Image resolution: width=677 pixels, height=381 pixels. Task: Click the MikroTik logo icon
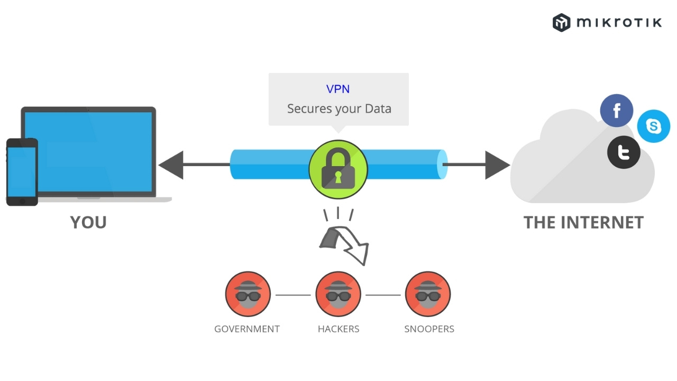pos(561,23)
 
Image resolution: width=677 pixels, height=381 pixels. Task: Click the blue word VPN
pos(338,89)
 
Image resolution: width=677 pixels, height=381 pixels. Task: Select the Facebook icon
pos(617,111)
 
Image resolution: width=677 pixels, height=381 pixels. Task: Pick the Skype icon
pos(654,126)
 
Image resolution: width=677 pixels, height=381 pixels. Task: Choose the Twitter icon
pos(624,152)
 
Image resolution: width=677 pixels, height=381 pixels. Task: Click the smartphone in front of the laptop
pos(22,172)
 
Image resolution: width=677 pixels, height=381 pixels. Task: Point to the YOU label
pos(88,222)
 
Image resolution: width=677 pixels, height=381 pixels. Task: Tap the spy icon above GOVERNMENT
pos(248,294)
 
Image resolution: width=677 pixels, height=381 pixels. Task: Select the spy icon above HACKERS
pos(338,294)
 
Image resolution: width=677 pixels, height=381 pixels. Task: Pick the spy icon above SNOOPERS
pos(428,294)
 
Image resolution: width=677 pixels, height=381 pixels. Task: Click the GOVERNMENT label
pos(247,329)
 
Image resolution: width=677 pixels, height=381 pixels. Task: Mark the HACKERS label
pos(338,329)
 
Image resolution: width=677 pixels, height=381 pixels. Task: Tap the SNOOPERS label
pos(429,329)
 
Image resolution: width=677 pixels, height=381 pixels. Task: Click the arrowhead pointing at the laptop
pos(172,165)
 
